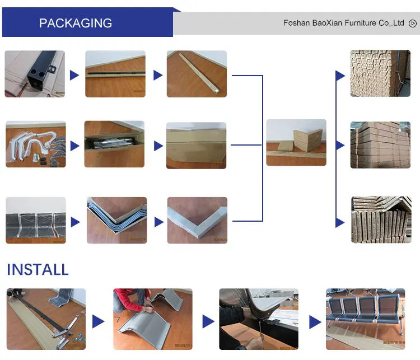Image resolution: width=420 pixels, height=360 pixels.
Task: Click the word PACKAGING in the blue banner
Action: pyautogui.click(x=76, y=24)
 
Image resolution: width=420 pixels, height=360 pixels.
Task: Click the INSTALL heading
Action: pyautogui.click(x=38, y=270)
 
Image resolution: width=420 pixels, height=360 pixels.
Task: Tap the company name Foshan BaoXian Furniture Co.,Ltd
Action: pyautogui.click(x=343, y=24)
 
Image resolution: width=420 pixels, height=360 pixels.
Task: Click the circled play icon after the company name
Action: pyautogui.click(x=413, y=24)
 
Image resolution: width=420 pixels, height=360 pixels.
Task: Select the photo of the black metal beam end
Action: pyautogui.click(x=35, y=74)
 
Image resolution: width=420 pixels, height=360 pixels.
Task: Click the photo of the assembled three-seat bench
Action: pyautogui.click(x=365, y=319)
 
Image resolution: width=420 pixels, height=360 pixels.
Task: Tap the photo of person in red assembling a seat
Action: pyautogui.click(x=152, y=319)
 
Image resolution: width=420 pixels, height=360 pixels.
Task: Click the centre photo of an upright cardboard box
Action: pyautogui.click(x=296, y=142)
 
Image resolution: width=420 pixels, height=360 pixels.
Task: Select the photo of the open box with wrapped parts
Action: pyautogui.click(x=114, y=144)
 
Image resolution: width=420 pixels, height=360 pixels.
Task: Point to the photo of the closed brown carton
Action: pyautogui.click(x=197, y=146)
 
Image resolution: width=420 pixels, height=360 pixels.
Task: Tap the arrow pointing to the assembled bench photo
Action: pyautogui.click(x=316, y=322)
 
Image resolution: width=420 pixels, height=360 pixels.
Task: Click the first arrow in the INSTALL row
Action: pyautogui.click(x=98, y=321)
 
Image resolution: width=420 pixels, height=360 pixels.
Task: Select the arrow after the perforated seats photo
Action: pyautogui.click(x=74, y=222)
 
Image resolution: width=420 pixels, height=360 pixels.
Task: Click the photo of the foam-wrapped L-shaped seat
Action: pyautogui.click(x=197, y=219)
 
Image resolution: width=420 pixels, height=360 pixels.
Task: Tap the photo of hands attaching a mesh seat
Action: pyautogui.click(x=258, y=319)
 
